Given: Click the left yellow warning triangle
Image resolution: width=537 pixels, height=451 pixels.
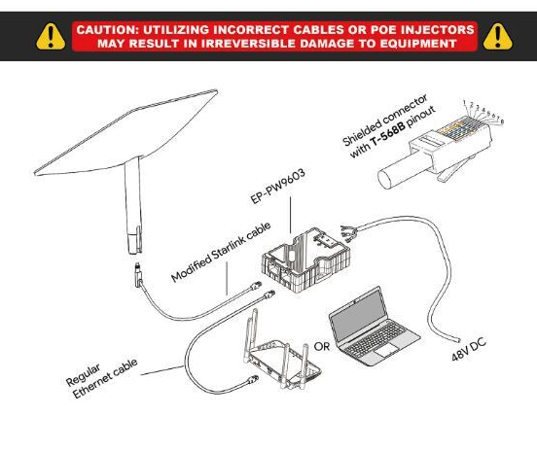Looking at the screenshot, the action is [51, 36].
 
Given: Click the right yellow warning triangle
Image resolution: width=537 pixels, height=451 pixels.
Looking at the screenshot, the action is [498, 36].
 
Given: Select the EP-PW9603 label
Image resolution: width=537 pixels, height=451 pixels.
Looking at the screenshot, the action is [278, 187].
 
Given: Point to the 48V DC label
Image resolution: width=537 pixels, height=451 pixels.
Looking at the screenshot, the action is [469, 349].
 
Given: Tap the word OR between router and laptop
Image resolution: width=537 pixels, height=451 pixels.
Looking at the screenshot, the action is [322, 347].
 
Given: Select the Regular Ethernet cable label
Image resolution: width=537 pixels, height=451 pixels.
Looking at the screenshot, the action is [102, 379].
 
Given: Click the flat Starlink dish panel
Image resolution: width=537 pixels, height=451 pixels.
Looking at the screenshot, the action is [126, 133].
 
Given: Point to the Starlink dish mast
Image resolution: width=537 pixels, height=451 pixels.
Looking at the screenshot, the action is [133, 205].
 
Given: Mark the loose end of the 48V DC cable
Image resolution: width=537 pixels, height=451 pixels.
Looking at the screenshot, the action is [457, 341].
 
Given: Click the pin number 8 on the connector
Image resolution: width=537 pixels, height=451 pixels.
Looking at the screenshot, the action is [502, 121].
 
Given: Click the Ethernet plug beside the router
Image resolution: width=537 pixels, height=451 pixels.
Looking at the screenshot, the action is [254, 379].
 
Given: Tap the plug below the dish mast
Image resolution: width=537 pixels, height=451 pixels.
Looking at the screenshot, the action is [138, 275].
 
